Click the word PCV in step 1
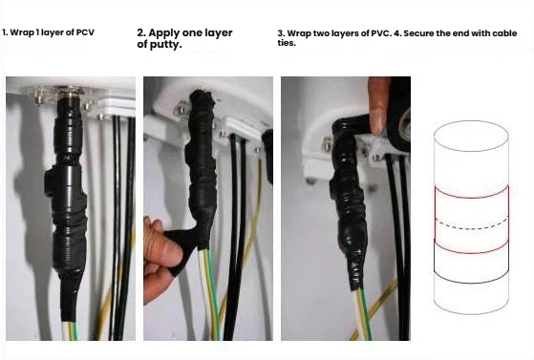[x=85, y=32]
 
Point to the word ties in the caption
[x=286, y=43]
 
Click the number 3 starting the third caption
[x=280, y=33]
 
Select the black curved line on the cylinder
[x=471, y=282]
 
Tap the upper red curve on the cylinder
[x=471, y=198]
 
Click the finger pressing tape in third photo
[x=378, y=106]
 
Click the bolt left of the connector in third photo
[x=327, y=145]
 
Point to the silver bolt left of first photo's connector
[x=39, y=96]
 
